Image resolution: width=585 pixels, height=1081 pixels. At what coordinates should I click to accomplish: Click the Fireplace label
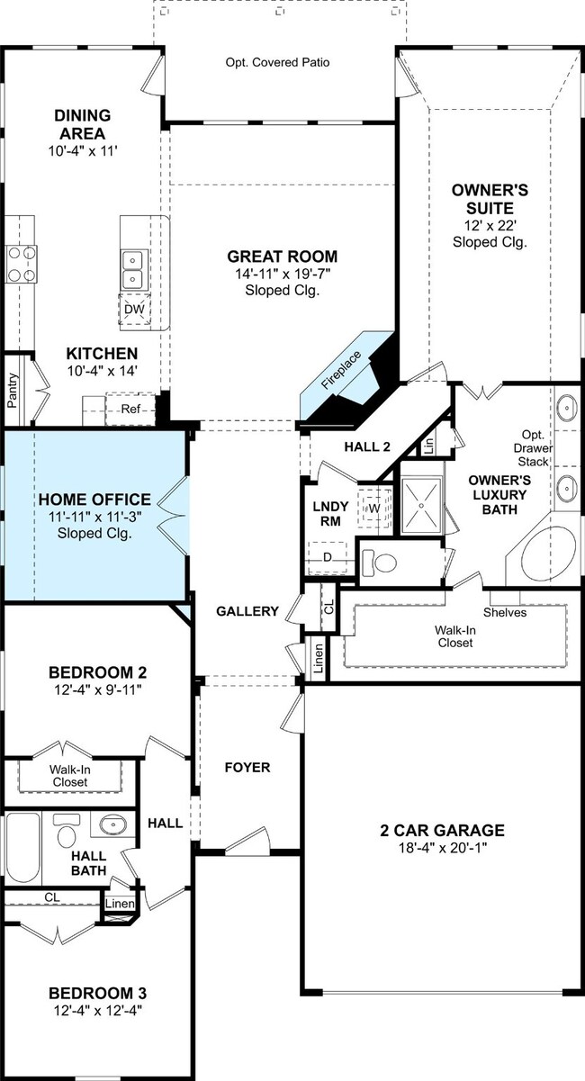(341, 370)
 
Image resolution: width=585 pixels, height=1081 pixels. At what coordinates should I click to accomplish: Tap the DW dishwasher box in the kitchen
(134, 309)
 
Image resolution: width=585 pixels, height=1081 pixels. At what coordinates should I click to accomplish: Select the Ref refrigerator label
(130, 409)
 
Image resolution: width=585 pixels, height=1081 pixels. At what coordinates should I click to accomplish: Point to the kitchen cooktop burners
(22, 264)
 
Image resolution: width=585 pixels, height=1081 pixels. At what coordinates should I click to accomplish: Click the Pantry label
(13, 390)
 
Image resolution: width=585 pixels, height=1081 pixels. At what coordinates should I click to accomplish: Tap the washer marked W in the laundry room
(374, 508)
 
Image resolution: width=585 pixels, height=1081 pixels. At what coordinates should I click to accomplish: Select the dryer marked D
(328, 557)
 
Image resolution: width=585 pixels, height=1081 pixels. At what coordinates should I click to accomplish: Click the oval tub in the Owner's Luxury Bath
(549, 555)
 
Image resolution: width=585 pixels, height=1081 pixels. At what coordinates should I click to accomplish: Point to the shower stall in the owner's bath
(422, 505)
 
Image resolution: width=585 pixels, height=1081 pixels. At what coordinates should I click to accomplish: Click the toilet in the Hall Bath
(66, 829)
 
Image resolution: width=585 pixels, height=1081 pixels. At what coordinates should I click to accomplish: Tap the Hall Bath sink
(112, 824)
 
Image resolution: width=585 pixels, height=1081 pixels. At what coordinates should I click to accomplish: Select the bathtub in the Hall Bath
(22, 847)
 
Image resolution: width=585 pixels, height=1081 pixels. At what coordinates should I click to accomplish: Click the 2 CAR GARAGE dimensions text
(443, 847)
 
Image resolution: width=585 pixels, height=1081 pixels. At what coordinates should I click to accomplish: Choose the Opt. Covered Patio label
(277, 62)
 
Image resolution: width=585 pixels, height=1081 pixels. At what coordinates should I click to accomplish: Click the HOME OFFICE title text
(94, 499)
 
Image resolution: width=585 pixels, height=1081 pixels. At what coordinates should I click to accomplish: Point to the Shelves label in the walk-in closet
(505, 612)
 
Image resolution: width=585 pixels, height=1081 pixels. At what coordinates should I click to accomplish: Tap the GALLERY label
(247, 611)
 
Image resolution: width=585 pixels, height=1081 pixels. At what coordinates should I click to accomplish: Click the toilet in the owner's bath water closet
(379, 563)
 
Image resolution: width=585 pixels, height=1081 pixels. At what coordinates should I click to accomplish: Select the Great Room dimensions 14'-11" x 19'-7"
(283, 275)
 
